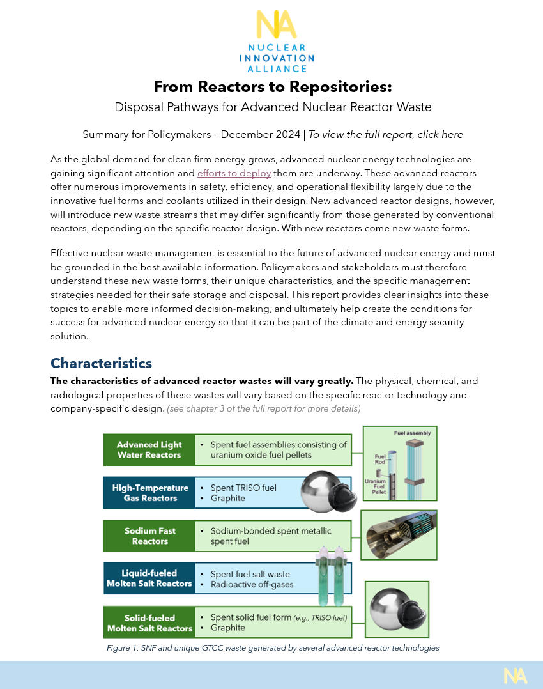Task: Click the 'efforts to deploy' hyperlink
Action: point(234,173)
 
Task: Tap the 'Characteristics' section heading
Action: point(101,364)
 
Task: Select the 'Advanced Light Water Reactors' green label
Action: point(149,450)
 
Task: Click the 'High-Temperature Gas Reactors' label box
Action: point(149,493)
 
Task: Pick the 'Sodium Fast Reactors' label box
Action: point(149,536)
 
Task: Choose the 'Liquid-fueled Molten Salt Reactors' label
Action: point(149,578)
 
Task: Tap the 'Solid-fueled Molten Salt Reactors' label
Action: point(149,623)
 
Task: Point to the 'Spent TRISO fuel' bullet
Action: point(243,488)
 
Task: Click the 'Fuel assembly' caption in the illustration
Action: point(412,433)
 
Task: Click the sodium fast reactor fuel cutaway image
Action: point(399,534)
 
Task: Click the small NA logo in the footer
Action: point(515,675)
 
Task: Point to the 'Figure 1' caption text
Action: point(273,648)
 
